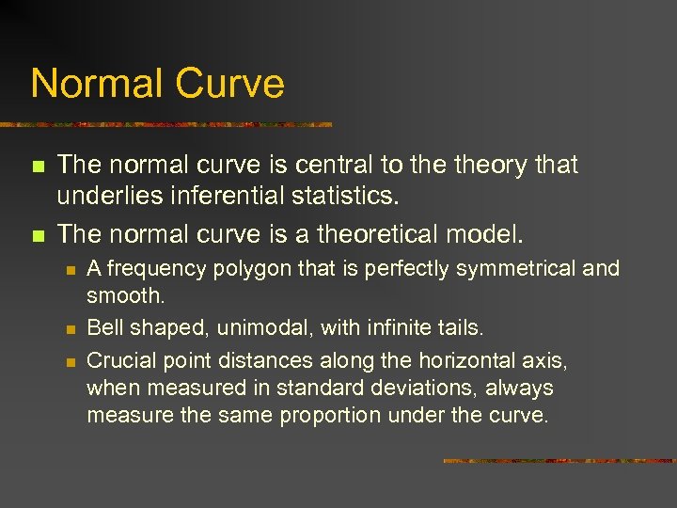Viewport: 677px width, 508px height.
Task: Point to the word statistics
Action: [352, 198]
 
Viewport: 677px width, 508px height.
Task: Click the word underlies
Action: [100, 198]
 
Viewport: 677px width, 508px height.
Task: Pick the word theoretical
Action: [371, 230]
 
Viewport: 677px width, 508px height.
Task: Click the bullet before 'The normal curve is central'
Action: [37, 167]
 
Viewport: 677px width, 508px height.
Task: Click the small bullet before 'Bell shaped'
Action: [69, 329]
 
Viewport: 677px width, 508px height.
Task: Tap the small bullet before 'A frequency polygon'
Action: [69, 270]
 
